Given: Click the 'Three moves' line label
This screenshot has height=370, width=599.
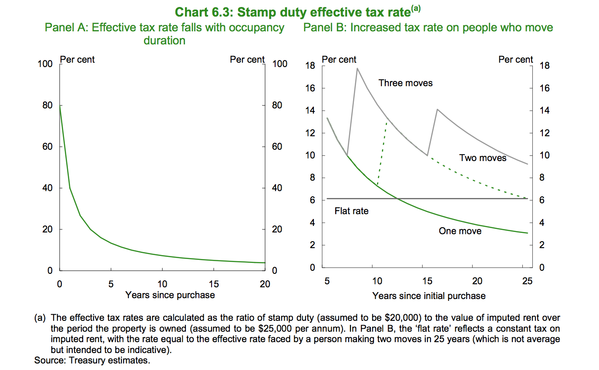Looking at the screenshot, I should point(405,83).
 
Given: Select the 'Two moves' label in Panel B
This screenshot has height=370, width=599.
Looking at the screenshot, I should point(482,158).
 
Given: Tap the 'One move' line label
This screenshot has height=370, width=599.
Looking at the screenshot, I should point(460,231).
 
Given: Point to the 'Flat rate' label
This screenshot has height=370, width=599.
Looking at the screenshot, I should point(351,211).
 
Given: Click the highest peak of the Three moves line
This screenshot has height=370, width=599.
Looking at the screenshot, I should point(357,68).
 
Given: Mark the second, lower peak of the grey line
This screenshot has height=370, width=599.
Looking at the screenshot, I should point(437,109).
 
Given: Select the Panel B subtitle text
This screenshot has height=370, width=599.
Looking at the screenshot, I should point(428,28).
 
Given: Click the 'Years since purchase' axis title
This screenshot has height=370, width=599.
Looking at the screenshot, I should point(170,295).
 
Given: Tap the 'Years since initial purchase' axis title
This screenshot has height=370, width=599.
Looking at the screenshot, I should point(428,296).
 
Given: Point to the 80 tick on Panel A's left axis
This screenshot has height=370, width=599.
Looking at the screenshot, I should point(47,105).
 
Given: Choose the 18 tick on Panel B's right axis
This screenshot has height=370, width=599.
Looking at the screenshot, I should point(544,66).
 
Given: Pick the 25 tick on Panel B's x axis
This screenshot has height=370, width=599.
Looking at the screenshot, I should point(527,281).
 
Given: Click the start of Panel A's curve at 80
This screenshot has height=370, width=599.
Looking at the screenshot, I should point(60,105).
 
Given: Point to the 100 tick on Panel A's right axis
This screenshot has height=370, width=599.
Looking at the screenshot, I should point(279,64).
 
